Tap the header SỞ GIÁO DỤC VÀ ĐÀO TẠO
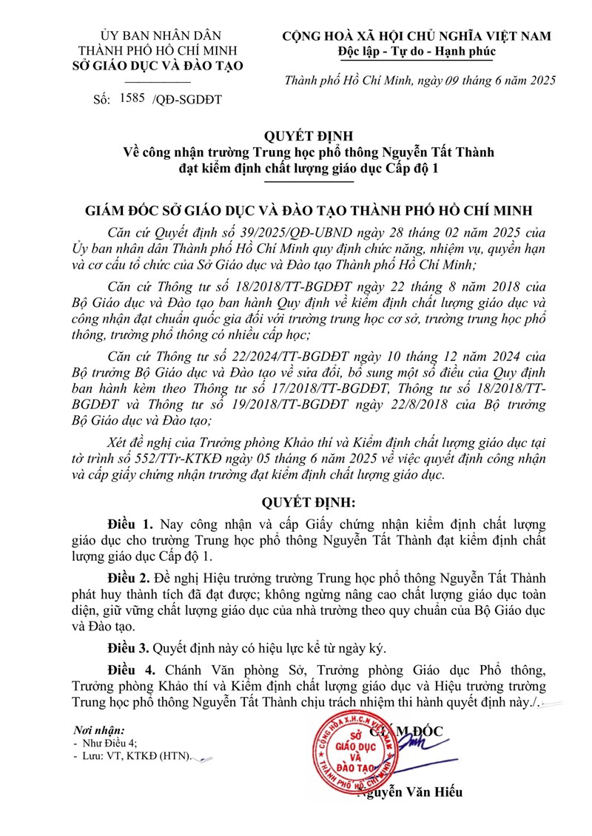[161, 66]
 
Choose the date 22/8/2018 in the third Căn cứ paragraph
[425, 405]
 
